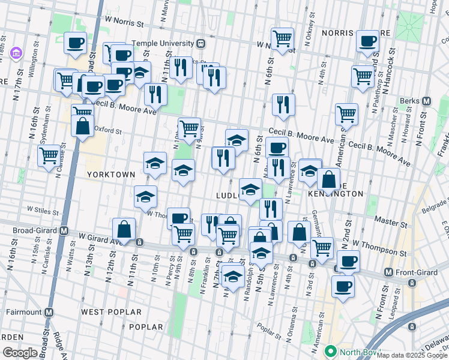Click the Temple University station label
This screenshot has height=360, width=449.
click(163, 43)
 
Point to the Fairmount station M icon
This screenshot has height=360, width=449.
click(49, 312)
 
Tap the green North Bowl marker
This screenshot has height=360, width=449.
click(330, 350)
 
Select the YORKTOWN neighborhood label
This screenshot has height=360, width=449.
click(110, 174)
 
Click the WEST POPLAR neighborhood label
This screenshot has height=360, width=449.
click(111, 312)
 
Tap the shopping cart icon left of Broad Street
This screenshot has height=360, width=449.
click(49, 155)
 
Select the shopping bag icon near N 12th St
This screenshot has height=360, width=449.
click(124, 229)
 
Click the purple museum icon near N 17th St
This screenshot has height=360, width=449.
click(16, 55)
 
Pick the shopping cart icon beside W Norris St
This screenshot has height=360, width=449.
click(282, 39)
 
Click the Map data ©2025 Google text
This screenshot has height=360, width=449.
click(412, 355)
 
